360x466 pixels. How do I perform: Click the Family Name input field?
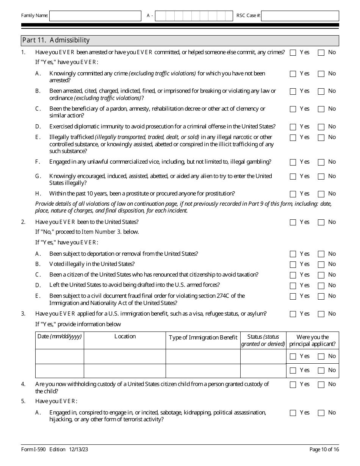point(95,16)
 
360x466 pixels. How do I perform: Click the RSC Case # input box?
point(300,16)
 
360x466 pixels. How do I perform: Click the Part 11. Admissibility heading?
point(56,40)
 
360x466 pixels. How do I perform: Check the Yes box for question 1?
point(293,53)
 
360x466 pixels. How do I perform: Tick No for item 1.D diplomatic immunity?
point(321,127)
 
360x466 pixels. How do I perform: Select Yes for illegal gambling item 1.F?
point(293,163)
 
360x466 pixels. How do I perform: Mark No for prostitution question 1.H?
point(321,194)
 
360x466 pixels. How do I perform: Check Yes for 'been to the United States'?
point(293,223)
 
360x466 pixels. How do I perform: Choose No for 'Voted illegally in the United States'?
point(321,265)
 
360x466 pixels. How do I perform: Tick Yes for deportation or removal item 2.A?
point(293,254)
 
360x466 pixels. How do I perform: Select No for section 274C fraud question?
point(321,297)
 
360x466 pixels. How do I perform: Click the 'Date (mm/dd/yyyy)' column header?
point(59,336)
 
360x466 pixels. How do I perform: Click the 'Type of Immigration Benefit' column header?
point(203,338)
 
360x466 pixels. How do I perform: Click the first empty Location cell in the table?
point(125,357)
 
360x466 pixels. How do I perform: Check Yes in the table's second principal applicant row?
point(293,371)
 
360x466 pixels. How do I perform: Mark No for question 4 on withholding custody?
point(321,385)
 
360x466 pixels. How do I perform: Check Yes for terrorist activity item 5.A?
point(293,413)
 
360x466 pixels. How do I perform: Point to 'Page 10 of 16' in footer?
point(324,450)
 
